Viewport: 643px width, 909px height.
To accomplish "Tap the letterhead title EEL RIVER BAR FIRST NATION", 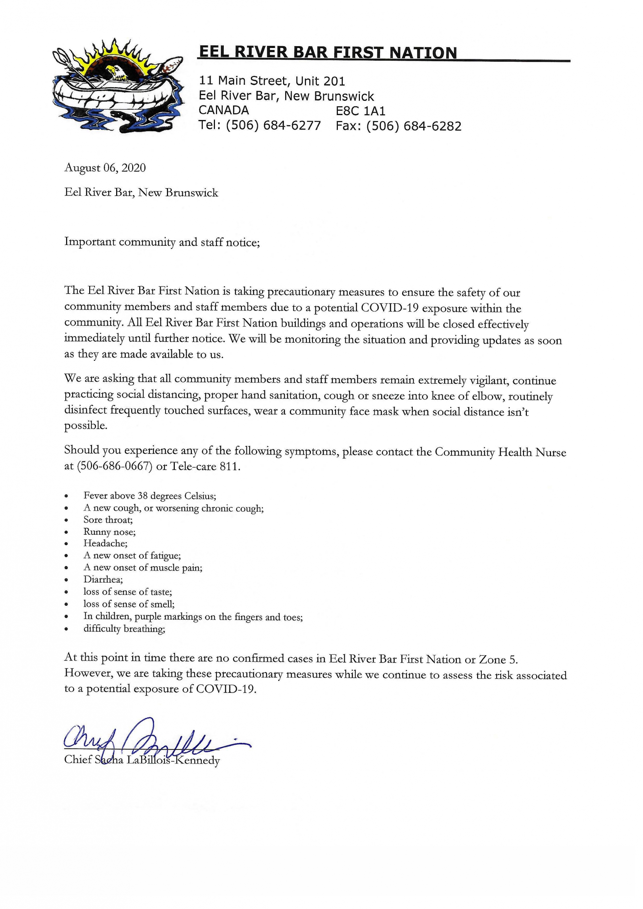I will coord(328,53).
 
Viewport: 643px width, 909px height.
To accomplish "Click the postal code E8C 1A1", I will coord(360,111).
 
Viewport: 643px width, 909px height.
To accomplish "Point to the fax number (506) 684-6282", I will coord(414,126).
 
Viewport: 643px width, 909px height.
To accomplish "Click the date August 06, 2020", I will coord(105,168).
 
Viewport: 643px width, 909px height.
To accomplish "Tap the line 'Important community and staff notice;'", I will coord(162,242).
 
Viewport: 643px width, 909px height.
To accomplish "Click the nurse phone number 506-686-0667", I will coord(114,466).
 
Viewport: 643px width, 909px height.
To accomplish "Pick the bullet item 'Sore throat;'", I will coord(108,520).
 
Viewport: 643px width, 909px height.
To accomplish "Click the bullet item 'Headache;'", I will coord(106,544).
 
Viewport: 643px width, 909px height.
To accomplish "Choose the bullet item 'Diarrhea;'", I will coord(103,579).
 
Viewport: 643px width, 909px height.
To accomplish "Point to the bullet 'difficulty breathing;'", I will coord(124,629).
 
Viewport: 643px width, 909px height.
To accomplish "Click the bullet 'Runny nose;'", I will coord(109,532).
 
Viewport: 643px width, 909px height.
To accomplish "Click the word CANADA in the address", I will coord(223,110).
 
